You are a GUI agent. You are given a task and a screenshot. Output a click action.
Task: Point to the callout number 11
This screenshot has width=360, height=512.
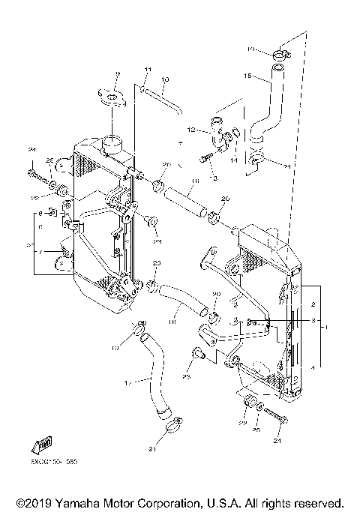coord(148,69)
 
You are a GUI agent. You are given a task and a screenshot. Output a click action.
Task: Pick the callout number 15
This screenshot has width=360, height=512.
coord(247,75)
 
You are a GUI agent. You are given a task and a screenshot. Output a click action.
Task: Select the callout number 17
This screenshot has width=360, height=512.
coord(127,382)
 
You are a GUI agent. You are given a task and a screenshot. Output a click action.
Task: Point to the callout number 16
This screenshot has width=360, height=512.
coord(194,181)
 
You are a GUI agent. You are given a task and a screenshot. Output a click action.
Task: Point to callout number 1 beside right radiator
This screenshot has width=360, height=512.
coord(325,327)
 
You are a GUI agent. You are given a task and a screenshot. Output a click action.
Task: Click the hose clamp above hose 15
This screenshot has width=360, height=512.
coord(280,53)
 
